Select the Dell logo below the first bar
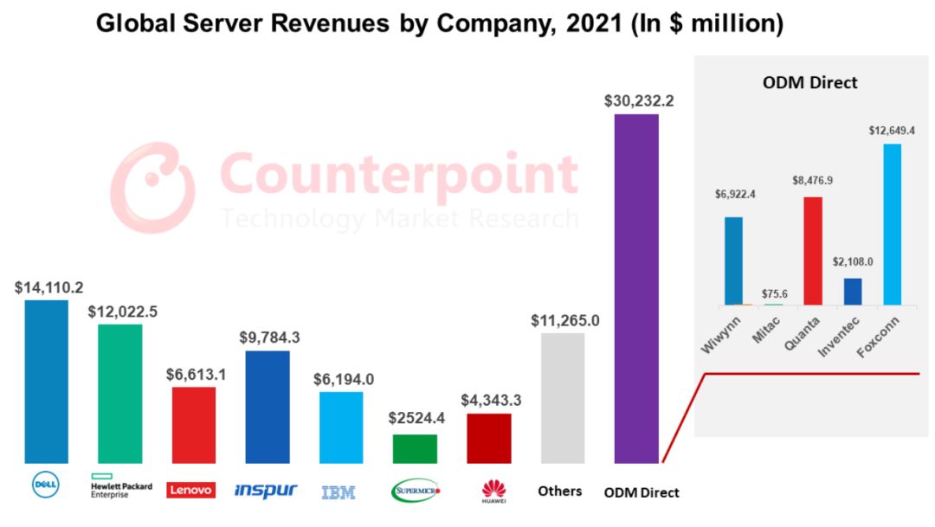pyautogui.click(x=45, y=485)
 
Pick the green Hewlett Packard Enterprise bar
pyautogui.click(x=119, y=394)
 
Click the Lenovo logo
pyautogui.click(x=190, y=490)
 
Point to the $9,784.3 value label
pyautogui.click(x=268, y=337)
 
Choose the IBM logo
pyautogui.click(x=338, y=492)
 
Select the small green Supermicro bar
pyautogui.click(x=415, y=448)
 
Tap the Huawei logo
pyautogui.click(x=493, y=491)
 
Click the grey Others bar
pyautogui.click(x=563, y=398)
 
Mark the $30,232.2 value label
pyautogui.click(x=639, y=100)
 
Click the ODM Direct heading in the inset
pyautogui.click(x=809, y=83)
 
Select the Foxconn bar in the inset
pyautogui.click(x=892, y=224)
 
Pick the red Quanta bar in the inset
pyautogui.click(x=813, y=250)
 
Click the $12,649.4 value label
pyautogui.click(x=892, y=131)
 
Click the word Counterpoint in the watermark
pyautogui.click(x=399, y=174)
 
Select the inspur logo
pyautogui.click(x=266, y=491)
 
